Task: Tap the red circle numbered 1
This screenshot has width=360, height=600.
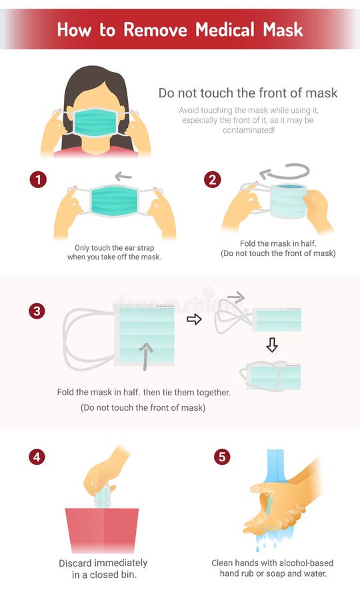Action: [38, 179]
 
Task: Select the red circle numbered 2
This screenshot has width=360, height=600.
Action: [212, 179]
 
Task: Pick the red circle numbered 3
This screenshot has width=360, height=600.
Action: [38, 311]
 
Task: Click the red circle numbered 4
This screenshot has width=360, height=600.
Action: [38, 457]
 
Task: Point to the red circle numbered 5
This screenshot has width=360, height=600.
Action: [222, 457]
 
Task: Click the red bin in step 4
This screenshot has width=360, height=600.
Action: [102, 530]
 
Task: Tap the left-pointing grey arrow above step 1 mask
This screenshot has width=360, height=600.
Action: [123, 177]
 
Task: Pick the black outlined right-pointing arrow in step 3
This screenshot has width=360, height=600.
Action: [194, 319]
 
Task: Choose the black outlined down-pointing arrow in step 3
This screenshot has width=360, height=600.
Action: [271, 345]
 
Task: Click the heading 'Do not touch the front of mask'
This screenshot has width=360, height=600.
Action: [247, 93]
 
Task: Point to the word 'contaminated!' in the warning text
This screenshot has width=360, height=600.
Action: [247, 131]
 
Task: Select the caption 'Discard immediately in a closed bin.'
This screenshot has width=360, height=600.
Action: [104, 569]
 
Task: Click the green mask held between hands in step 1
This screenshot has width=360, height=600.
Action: [114, 202]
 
